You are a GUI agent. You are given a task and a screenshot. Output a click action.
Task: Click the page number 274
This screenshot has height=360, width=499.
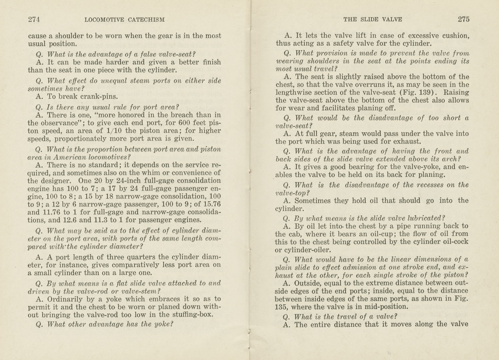click(x=34, y=20)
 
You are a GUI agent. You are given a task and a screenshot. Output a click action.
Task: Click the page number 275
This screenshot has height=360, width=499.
click(x=463, y=19)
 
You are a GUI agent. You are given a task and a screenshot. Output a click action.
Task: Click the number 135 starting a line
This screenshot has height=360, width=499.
click(x=281, y=307)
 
